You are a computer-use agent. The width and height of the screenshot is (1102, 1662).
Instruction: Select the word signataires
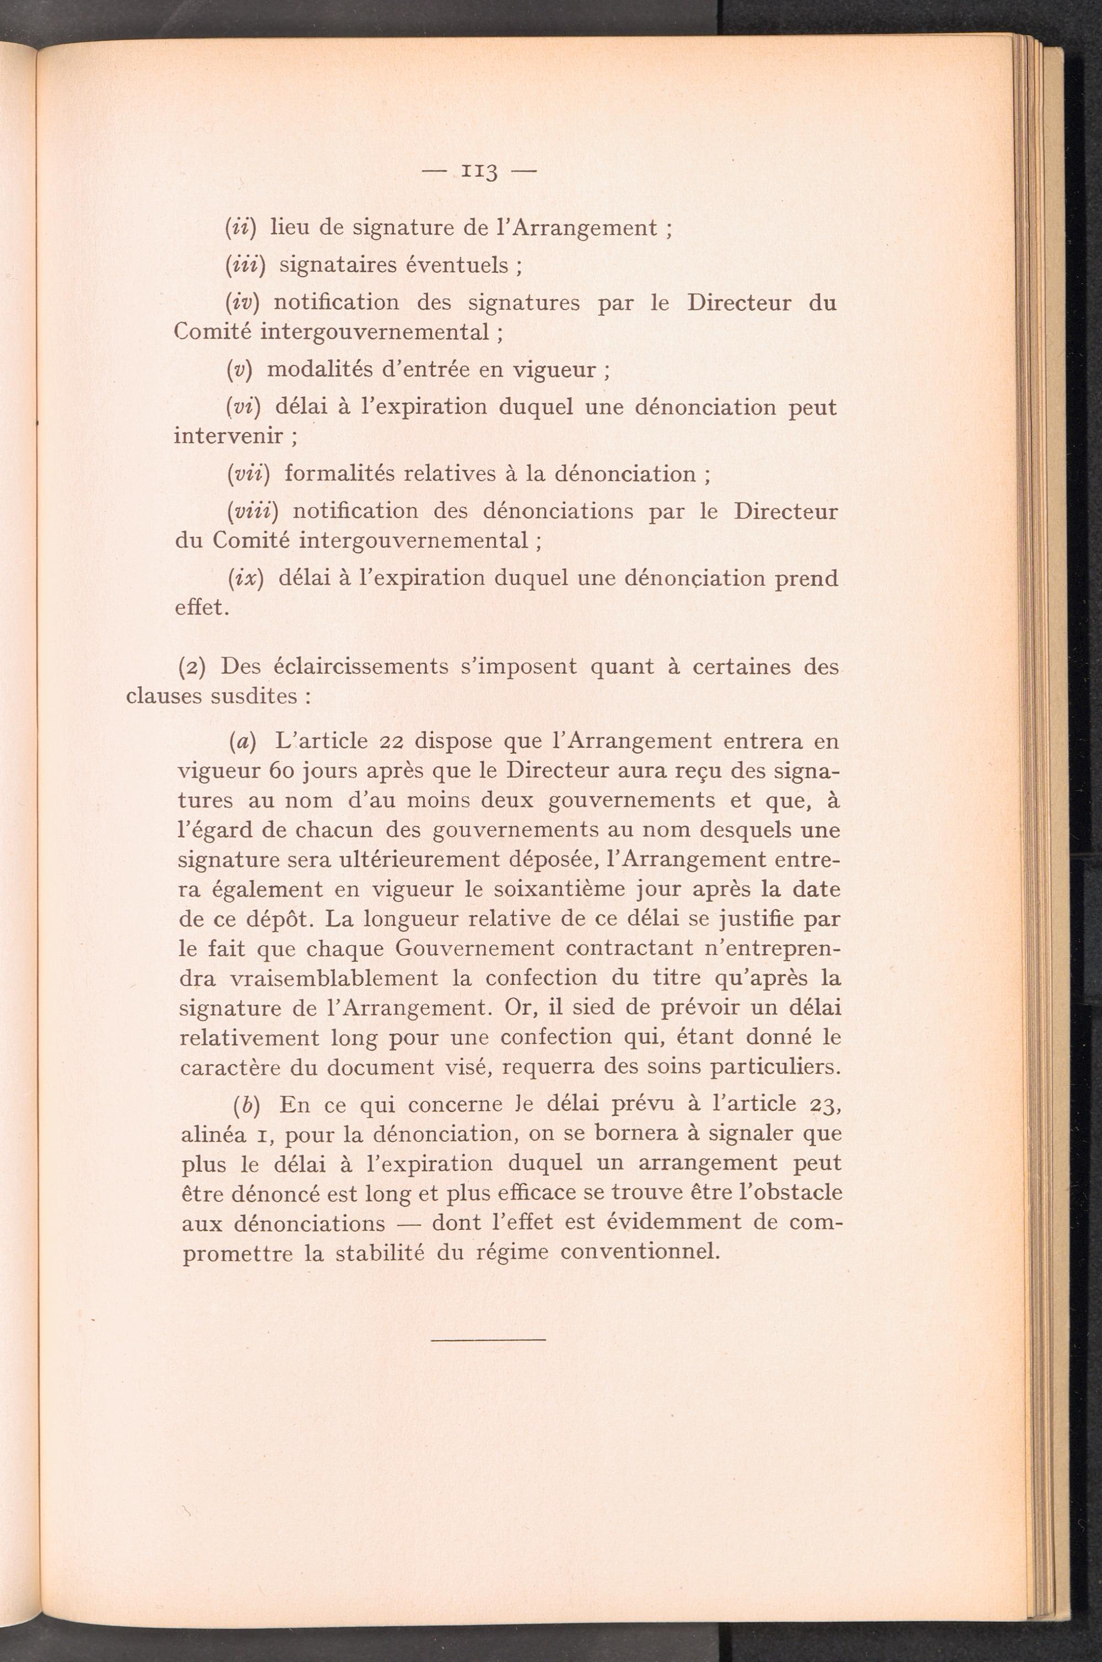click(x=333, y=265)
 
